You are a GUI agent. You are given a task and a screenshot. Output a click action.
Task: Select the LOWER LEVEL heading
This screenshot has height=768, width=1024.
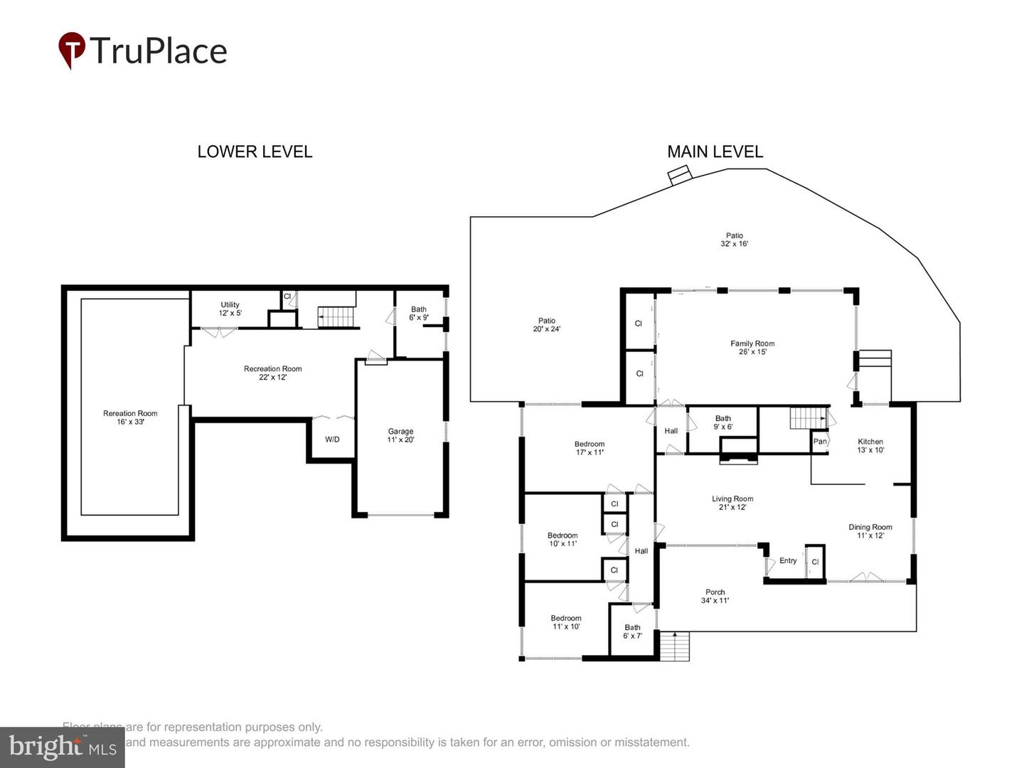tap(255, 151)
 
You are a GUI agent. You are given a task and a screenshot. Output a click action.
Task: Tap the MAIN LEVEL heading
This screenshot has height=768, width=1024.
tap(715, 151)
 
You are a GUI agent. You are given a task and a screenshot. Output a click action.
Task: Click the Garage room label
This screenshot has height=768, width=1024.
tap(400, 435)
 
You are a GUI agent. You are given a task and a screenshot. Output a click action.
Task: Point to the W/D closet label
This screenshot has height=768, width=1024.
tap(332, 439)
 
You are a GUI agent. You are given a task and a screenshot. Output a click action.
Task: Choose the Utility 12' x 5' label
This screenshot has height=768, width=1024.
tap(230, 309)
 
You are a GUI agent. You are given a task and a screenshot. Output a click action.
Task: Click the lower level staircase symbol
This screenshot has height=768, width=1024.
tap(335, 316)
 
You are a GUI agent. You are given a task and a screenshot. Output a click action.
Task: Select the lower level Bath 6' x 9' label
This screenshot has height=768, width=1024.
tap(419, 314)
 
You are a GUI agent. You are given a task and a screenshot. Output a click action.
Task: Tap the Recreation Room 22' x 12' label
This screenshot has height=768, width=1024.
tap(272, 373)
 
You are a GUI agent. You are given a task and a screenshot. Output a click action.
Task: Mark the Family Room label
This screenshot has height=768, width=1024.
tap(752, 348)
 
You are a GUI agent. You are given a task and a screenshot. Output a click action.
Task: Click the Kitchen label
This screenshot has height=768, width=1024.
tap(870, 446)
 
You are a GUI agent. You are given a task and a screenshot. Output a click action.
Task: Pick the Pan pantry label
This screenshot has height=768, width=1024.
tap(820, 442)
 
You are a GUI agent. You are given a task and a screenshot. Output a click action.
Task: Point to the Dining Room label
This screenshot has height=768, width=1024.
tap(870, 531)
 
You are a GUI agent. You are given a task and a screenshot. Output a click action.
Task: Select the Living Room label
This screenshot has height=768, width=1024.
tap(732, 503)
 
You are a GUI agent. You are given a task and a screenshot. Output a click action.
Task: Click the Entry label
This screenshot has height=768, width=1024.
tap(788, 560)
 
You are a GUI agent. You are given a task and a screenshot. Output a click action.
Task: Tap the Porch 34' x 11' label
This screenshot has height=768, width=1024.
tap(715, 596)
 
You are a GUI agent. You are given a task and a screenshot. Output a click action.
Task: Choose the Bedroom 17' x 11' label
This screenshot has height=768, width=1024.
tap(590, 448)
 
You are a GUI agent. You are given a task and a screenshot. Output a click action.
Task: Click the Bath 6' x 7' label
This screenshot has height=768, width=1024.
tap(632, 631)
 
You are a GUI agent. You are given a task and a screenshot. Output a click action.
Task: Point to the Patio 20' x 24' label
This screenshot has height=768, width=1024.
tap(546, 325)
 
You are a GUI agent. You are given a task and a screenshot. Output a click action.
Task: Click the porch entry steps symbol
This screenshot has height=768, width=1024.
tap(675, 646)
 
